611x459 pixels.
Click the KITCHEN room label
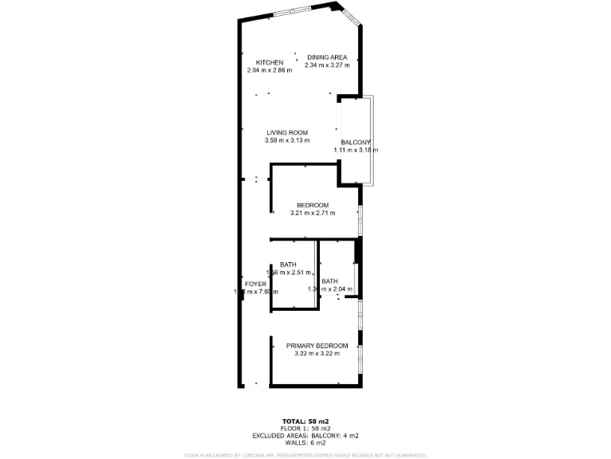pos(270,62)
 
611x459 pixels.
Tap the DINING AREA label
pos(327,57)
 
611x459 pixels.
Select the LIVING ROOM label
pos(286,132)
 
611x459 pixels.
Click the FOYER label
pos(255,284)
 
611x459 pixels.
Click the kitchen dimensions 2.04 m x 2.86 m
pos(270,70)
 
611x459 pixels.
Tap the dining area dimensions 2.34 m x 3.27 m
pos(327,65)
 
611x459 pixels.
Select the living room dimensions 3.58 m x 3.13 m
pos(286,140)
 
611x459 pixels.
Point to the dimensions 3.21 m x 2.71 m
pos(313,213)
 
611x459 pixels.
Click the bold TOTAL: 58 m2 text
pos(305,421)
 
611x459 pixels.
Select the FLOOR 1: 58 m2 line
pos(305,428)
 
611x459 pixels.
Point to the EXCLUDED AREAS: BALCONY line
pos(305,435)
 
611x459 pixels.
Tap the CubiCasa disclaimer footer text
pos(305,455)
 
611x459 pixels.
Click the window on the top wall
pos(293,13)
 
